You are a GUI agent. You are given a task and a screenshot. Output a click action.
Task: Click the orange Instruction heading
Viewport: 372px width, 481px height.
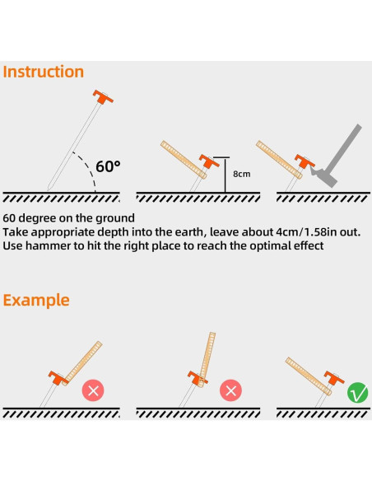43,72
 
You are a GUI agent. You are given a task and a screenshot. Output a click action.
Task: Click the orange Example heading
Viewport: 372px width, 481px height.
36,301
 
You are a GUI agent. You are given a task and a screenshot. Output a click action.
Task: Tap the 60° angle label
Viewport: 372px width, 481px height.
108,166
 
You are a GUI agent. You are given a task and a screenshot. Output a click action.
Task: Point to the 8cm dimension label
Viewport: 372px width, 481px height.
241,174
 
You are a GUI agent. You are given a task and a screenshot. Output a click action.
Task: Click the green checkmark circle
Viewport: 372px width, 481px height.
358,393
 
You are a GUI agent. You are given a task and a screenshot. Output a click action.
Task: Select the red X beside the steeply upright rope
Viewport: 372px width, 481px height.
230,390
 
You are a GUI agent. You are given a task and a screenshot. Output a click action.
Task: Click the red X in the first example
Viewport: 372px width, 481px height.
93,390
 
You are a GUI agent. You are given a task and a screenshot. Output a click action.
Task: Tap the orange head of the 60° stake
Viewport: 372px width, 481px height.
103,96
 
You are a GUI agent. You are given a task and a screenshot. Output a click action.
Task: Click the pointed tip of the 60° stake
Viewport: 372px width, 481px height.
49,189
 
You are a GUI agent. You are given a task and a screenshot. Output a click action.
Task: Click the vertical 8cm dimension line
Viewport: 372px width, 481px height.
226,175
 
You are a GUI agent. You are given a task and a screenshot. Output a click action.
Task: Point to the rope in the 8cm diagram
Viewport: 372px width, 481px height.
184,160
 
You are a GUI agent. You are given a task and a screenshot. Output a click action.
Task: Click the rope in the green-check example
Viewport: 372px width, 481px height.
309,376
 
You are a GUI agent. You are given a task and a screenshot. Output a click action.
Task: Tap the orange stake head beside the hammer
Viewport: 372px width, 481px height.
305,161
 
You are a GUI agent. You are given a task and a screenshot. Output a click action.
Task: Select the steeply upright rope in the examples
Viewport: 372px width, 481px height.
207,360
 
